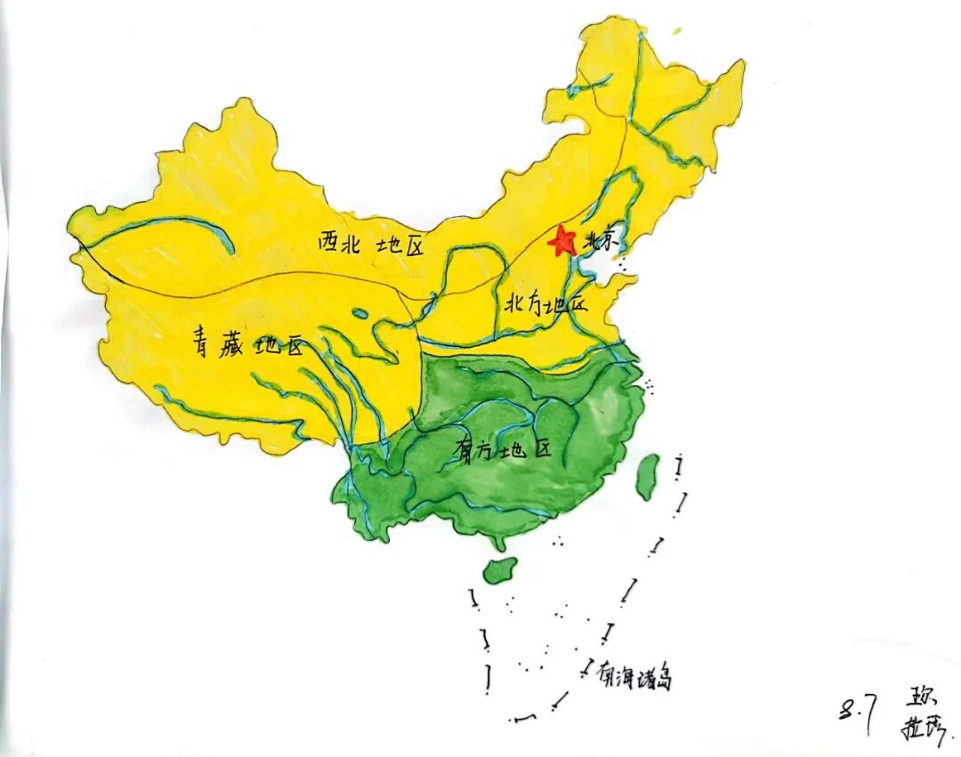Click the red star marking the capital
(562, 240)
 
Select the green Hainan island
(500, 569)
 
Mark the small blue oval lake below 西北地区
(359, 313)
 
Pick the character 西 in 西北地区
(330, 242)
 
